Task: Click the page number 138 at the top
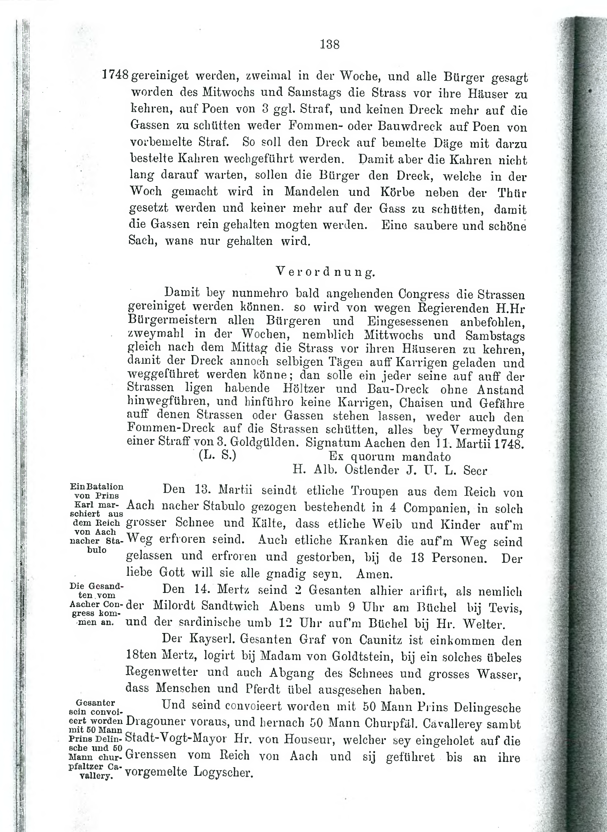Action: (x=330, y=45)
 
